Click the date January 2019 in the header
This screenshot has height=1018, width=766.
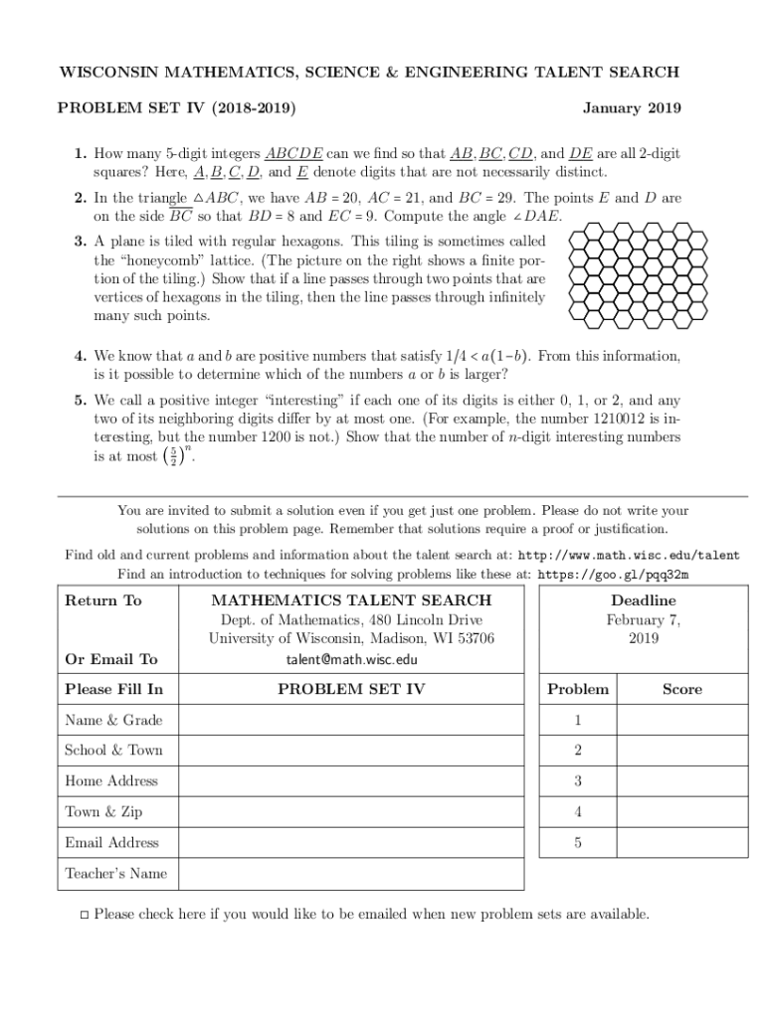click(632, 107)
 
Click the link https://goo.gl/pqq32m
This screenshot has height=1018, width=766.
click(614, 574)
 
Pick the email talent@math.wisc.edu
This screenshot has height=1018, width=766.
click(350, 659)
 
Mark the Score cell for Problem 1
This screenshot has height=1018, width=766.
click(682, 720)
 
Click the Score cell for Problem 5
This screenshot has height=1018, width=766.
click(682, 843)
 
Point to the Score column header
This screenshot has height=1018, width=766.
click(682, 689)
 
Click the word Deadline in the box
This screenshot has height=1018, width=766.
click(643, 600)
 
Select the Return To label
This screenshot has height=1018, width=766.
click(103, 600)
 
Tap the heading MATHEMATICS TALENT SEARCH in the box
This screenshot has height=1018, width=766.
click(351, 600)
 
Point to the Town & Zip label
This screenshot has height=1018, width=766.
click(103, 812)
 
